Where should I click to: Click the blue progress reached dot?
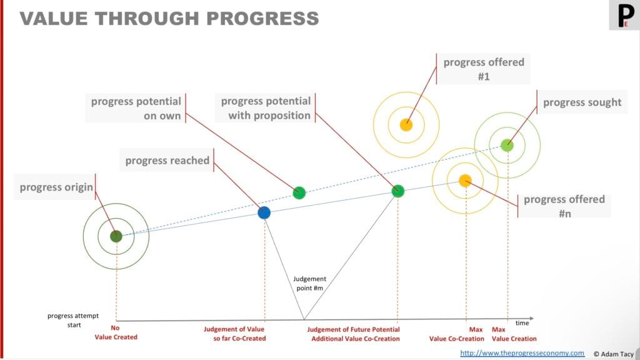(x=264, y=212)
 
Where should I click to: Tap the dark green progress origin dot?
(x=116, y=236)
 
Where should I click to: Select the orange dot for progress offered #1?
(x=406, y=124)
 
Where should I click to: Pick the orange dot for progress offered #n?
(x=465, y=181)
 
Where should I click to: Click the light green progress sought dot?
(x=507, y=145)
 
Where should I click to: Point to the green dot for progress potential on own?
(x=299, y=192)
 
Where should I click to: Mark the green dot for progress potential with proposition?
(x=398, y=191)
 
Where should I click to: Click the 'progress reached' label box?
(x=167, y=161)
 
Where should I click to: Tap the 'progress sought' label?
(x=582, y=102)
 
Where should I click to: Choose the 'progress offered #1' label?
(x=484, y=69)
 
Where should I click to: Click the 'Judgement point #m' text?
(x=309, y=283)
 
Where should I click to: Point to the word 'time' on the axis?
(x=522, y=323)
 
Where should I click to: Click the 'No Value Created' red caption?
(x=116, y=332)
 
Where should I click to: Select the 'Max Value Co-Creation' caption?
(x=457, y=334)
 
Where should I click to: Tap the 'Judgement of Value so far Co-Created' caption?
(x=235, y=334)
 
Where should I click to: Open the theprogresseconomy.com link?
(x=522, y=353)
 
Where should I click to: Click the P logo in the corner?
(x=624, y=15)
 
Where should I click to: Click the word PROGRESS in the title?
(x=262, y=19)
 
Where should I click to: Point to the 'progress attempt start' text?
(x=73, y=321)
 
